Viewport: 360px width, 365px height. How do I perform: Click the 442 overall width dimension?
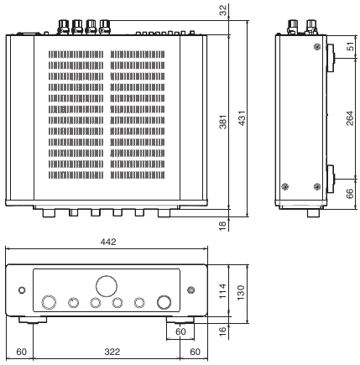point(107,241)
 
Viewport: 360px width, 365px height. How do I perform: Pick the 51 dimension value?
point(349,48)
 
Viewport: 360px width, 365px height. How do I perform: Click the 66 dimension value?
point(349,194)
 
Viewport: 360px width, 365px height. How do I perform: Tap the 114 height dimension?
point(222,289)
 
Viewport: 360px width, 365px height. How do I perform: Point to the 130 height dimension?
point(242,289)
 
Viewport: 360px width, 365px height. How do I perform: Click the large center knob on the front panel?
point(107,285)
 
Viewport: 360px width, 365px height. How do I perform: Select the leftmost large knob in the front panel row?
point(50,303)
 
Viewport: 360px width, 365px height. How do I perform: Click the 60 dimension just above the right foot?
point(181,332)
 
